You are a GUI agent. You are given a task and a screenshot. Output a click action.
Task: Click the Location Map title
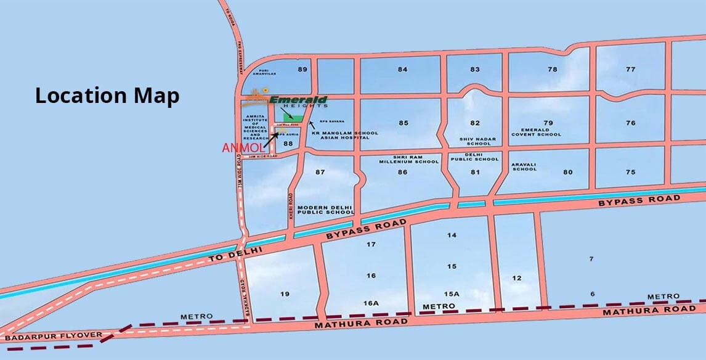[107, 96]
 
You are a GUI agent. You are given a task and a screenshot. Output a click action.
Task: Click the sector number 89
[302, 69]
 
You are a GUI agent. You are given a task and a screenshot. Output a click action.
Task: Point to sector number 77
[630, 69]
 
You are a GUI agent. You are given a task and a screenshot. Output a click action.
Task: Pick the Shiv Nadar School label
[474, 141]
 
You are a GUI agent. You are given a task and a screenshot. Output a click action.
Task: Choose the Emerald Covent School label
[537, 132]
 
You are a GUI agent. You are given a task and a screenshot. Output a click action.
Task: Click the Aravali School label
[524, 166]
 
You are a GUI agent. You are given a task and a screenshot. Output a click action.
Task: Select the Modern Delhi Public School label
[325, 210]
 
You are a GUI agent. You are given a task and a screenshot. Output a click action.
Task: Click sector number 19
[285, 294]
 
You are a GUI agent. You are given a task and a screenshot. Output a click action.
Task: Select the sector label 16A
[370, 303]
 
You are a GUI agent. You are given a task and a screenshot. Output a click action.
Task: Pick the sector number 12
[517, 278]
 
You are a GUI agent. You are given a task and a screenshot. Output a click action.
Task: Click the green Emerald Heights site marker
[293, 117]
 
